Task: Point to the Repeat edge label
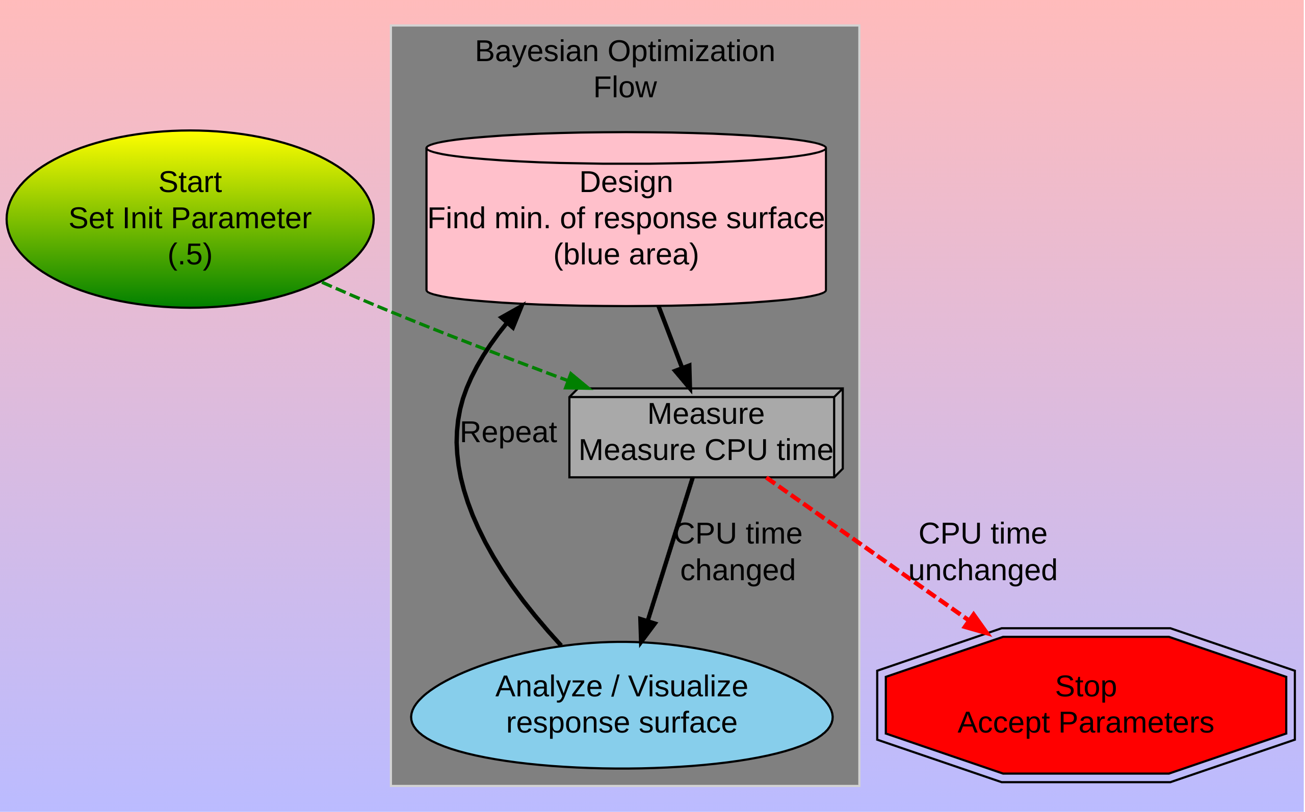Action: [x=508, y=432]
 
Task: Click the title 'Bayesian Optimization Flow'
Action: [x=625, y=69]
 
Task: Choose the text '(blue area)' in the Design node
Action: [x=625, y=254]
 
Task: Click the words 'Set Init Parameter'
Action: [x=190, y=219]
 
